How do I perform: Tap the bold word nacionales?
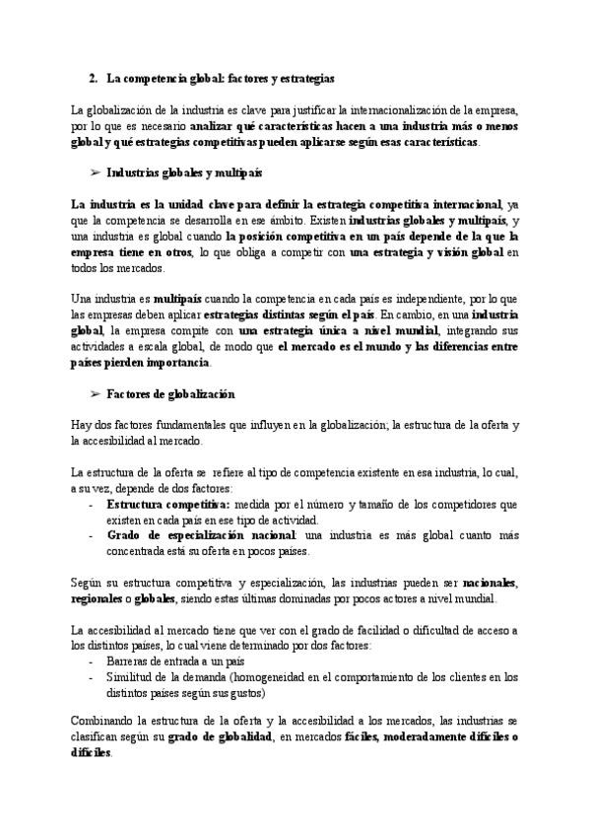tap(490, 583)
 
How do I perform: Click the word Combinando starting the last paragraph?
tap(107, 722)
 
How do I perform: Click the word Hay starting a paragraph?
tap(83, 424)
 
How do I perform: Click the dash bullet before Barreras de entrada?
tap(92, 661)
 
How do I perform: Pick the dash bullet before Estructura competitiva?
tap(92, 504)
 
